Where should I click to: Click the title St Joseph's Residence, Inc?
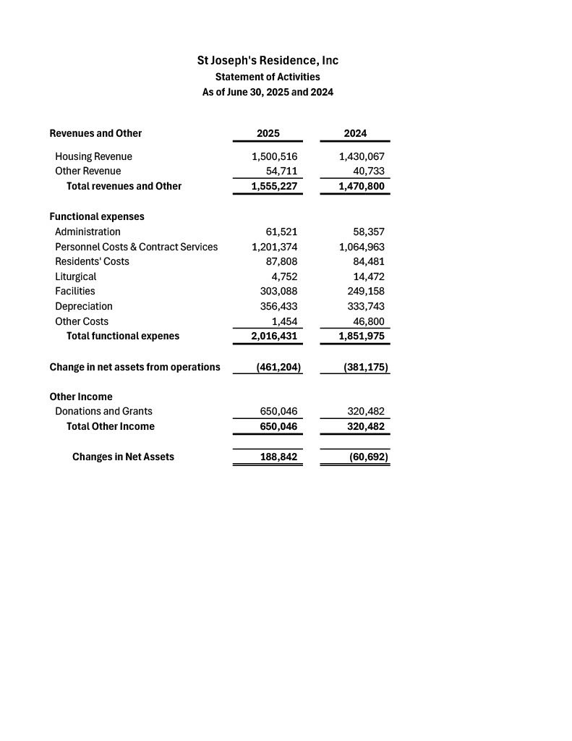click(268, 61)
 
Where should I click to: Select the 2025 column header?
click(268, 133)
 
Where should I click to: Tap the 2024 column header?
click(355, 133)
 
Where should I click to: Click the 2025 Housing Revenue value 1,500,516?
click(275, 156)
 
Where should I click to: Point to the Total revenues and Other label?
click(124, 186)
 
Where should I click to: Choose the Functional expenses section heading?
click(97, 216)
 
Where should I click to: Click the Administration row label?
click(87, 232)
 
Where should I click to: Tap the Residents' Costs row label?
click(92, 261)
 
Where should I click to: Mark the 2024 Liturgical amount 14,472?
click(369, 276)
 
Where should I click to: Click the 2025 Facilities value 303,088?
click(278, 291)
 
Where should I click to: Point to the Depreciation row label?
click(84, 306)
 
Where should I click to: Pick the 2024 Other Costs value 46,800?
click(369, 321)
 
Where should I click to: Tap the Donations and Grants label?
click(103, 411)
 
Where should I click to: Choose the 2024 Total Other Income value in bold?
click(366, 426)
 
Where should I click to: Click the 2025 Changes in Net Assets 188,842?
click(278, 457)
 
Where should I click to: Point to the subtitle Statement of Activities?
click(268, 77)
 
